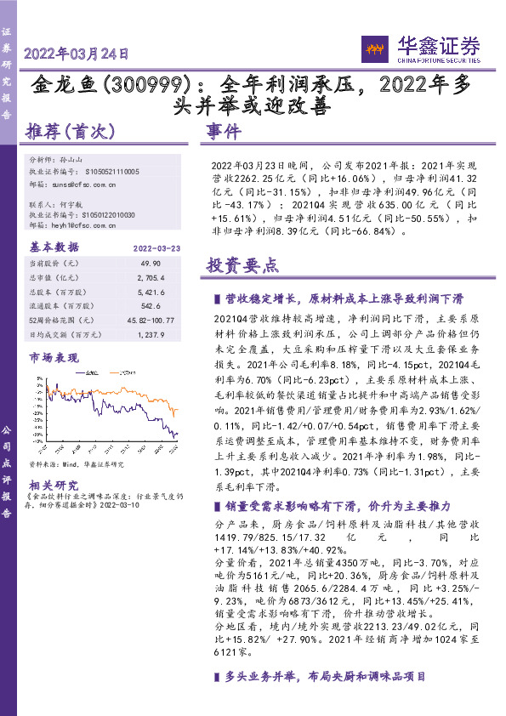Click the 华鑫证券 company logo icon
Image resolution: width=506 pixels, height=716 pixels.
coord(376,48)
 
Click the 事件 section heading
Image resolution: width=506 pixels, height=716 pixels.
coord(224,132)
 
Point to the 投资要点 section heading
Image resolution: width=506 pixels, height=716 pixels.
coord(242,264)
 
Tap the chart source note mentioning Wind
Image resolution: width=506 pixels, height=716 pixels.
coord(76,464)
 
